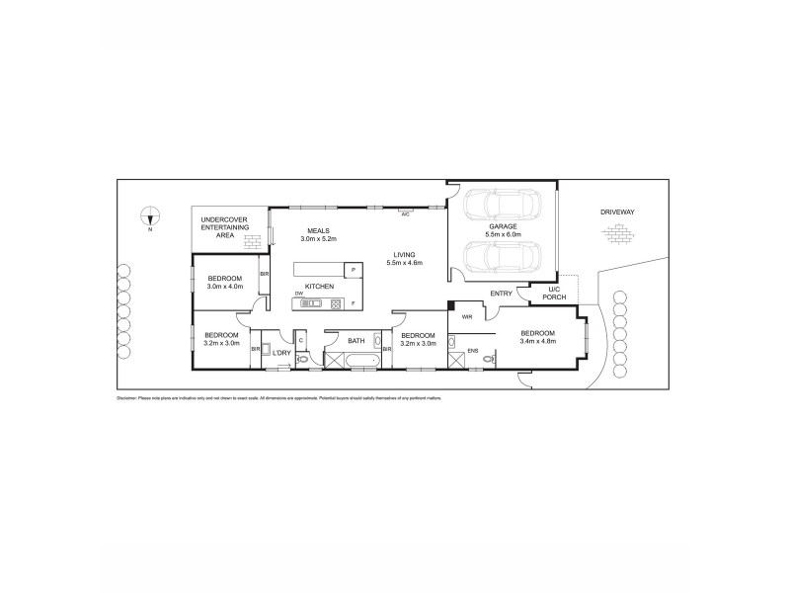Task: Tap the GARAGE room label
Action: click(502, 226)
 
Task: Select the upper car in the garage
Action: click(502, 206)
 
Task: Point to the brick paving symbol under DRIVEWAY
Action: click(619, 233)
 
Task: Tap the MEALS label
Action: click(317, 230)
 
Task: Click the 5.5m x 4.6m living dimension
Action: click(404, 263)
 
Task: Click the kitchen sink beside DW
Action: click(307, 303)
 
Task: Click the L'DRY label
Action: click(281, 352)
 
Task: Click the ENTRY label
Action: click(500, 293)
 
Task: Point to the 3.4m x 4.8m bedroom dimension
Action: click(539, 342)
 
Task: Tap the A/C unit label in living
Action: click(405, 212)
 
